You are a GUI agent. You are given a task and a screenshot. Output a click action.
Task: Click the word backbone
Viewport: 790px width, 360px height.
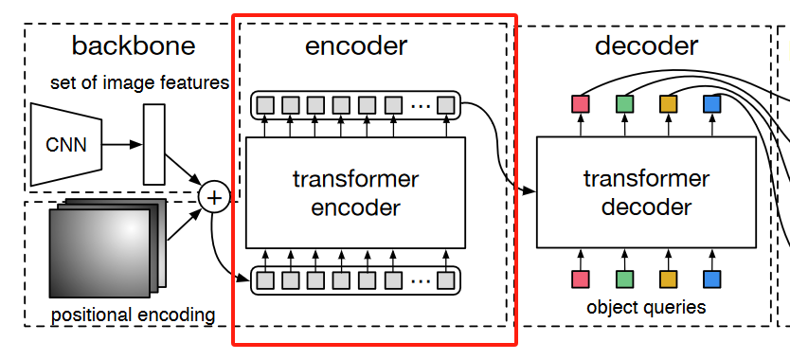tap(133, 45)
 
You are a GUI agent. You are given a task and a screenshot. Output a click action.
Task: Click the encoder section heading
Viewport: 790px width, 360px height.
tap(355, 45)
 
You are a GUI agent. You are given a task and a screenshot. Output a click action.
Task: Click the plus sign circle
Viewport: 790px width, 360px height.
tap(215, 197)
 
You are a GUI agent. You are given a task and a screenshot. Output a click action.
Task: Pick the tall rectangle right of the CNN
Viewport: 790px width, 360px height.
tap(153, 144)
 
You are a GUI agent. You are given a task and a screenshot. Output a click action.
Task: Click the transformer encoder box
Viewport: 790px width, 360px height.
tap(355, 193)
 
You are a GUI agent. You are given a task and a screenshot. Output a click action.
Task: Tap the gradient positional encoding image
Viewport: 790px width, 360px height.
tap(100, 252)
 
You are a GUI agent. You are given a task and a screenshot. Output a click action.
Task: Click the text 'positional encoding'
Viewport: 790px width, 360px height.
tap(133, 314)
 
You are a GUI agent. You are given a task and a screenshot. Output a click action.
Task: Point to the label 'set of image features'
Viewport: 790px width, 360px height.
tap(139, 83)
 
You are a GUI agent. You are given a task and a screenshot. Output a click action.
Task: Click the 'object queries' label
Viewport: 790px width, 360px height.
tap(646, 307)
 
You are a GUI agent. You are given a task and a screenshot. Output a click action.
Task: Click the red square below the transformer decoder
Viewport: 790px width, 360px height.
tap(581, 279)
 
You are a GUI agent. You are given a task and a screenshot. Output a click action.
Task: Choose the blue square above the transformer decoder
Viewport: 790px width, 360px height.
tap(711, 102)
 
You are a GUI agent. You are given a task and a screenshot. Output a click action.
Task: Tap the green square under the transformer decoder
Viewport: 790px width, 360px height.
tap(624, 279)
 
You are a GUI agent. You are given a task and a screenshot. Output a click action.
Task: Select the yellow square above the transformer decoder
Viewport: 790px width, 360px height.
tap(668, 102)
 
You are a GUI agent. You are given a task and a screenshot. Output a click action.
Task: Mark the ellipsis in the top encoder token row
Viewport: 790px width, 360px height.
tap(421, 104)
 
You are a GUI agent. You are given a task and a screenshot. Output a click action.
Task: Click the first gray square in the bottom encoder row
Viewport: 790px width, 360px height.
tap(266, 279)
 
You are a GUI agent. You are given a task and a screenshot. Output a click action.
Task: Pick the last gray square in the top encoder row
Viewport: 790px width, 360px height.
tap(445, 104)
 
